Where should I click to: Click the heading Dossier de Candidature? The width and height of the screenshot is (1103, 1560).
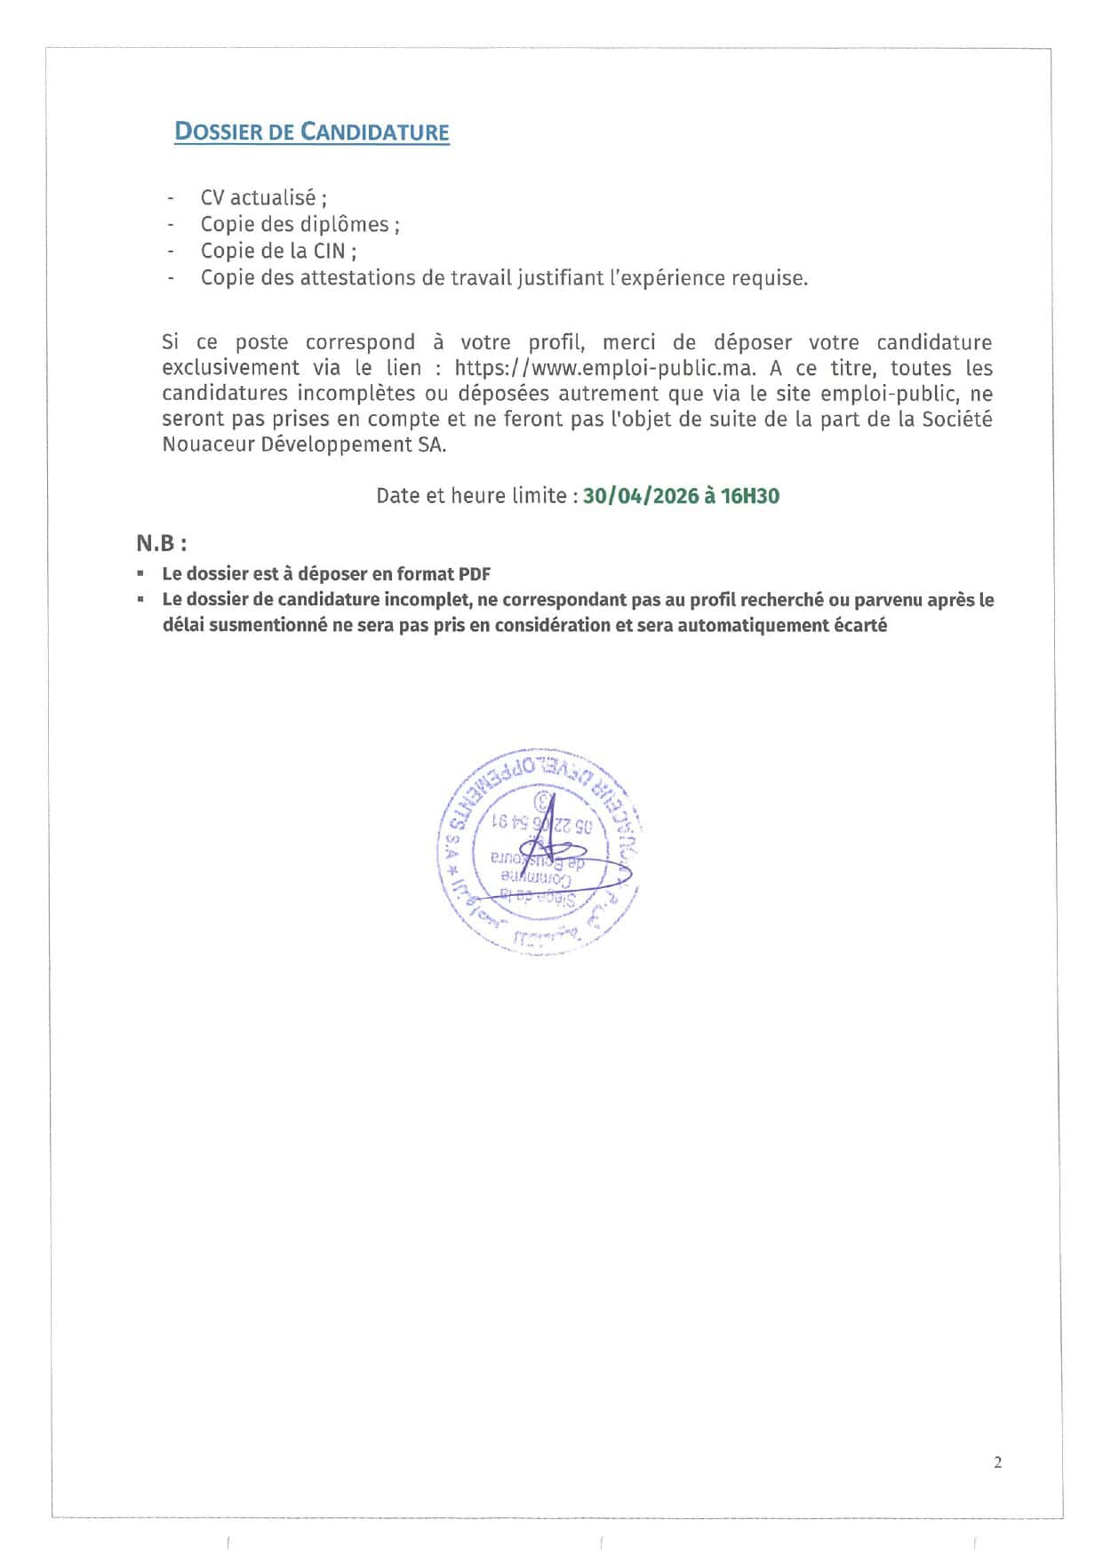tap(311, 132)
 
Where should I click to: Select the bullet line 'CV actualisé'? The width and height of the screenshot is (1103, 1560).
tap(263, 197)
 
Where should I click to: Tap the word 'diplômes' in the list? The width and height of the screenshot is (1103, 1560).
tap(344, 224)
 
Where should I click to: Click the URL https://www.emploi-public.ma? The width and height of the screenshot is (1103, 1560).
tap(604, 368)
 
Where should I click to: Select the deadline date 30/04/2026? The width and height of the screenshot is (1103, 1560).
tap(641, 496)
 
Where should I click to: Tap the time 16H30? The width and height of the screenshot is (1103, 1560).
tap(750, 496)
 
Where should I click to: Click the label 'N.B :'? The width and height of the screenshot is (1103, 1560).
tap(161, 543)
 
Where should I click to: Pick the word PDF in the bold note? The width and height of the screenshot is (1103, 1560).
tap(475, 574)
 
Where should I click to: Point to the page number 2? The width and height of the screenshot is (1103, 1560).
tap(997, 1462)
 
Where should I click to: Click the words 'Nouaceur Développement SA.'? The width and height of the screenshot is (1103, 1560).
tap(304, 444)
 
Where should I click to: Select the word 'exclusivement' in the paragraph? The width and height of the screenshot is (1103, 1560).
tap(230, 368)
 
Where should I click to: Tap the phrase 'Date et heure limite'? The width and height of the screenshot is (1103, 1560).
tap(471, 496)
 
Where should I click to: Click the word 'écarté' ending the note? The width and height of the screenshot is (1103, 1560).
tap(859, 625)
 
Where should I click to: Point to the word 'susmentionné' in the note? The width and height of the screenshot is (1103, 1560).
tap(268, 625)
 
